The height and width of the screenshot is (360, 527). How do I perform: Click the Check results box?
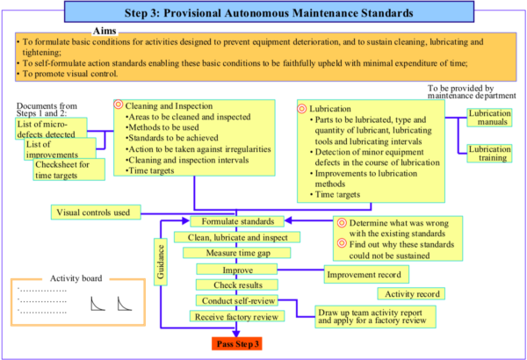point(231,284)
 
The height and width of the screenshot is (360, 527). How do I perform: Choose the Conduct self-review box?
point(231,300)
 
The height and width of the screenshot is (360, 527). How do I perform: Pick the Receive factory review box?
point(233,316)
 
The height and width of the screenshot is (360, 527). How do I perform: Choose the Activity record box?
point(413,293)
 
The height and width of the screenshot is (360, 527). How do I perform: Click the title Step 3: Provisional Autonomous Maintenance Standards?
point(263,12)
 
